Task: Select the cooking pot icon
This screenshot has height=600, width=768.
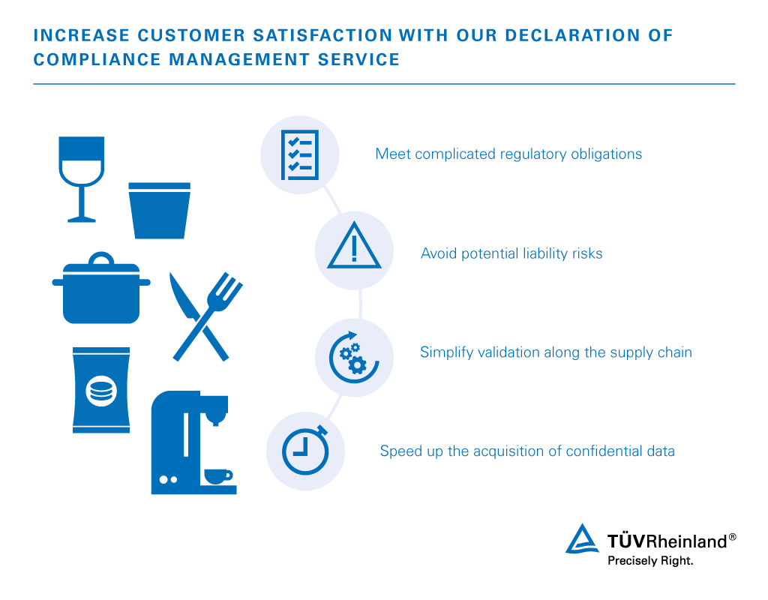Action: [x=102, y=292]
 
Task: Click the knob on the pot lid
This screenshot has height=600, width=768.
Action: [x=101, y=259]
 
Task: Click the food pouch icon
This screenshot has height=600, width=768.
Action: [x=100, y=389]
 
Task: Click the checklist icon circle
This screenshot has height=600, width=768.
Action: [x=299, y=155]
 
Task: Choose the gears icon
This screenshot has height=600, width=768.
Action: [x=353, y=358]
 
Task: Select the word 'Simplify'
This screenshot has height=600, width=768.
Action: [x=445, y=352]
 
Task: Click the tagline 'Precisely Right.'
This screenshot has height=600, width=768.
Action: [x=649, y=560]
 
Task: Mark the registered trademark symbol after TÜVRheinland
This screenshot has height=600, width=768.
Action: [x=732, y=538]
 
